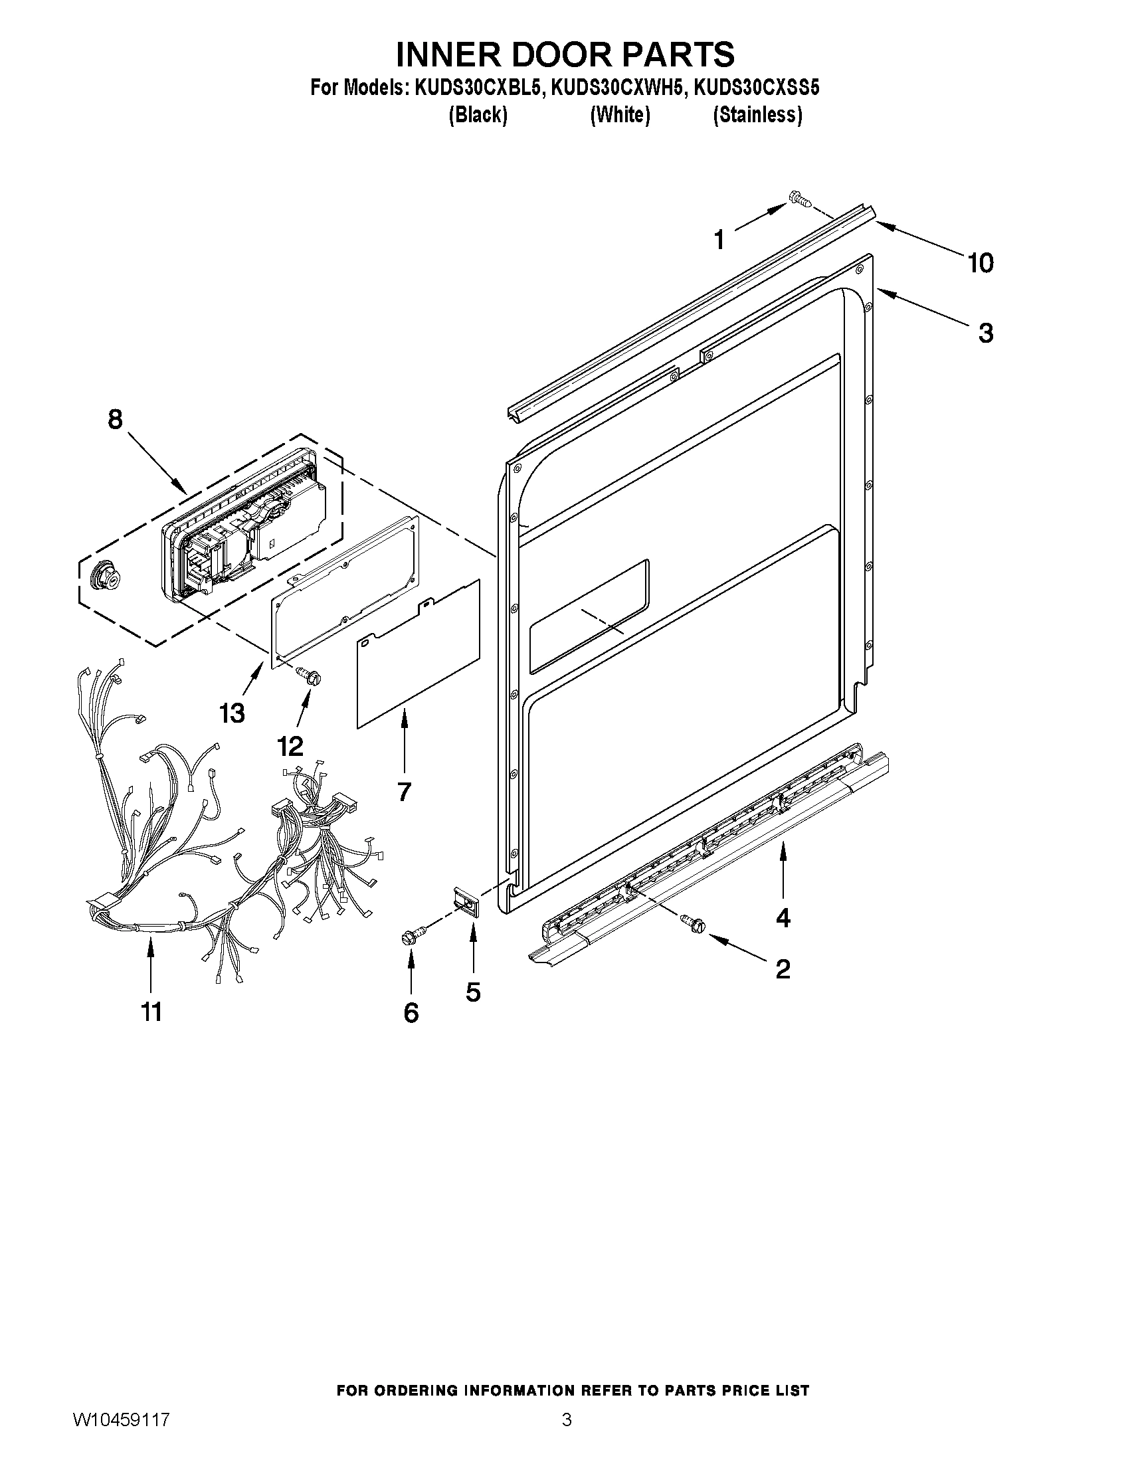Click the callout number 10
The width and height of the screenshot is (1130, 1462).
(x=980, y=263)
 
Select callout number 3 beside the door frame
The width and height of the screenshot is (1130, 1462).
(x=985, y=333)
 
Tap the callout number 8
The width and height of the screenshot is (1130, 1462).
(x=115, y=420)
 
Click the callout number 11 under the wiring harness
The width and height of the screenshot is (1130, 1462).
(x=152, y=1012)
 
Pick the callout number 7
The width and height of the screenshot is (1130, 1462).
(x=404, y=792)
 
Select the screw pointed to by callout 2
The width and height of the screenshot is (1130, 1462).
(x=691, y=922)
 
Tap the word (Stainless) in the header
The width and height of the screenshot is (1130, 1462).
(x=757, y=115)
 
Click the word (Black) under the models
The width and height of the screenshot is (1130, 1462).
(x=477, y=115)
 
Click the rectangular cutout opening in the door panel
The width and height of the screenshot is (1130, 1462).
(x=589, y=616)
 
